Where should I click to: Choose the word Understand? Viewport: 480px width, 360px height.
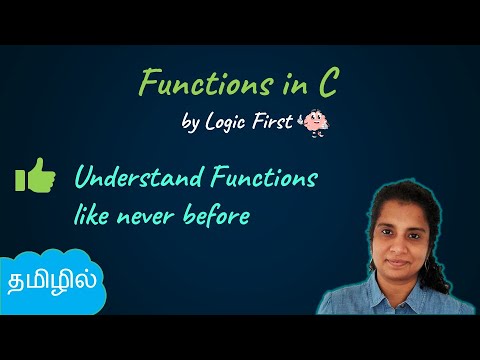click(136, 180)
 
